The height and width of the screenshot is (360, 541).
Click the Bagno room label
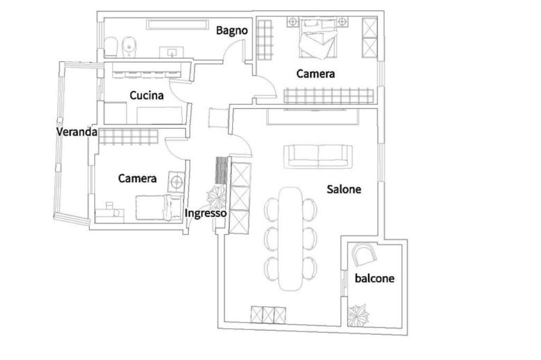pyautogui.click(x=232, y=31)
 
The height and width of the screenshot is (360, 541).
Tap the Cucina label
pyautogui.click(x=147, y=95)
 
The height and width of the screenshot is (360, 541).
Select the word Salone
pyautogui.click(x=344, y=189)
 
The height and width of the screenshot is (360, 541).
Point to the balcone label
pyautogui.click(x=375, y=278)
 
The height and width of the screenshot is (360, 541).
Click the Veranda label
pyautogui.click(x=77, y=132)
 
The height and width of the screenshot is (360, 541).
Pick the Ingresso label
pyautogui.click(x=206, y=213)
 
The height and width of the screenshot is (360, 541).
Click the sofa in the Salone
pyautogui.click(x=318, y=157)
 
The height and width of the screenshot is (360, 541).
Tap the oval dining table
pyautogui.click(x=291, y=239)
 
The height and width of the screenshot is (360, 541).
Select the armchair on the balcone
pyautogui.click(x=363, y=254)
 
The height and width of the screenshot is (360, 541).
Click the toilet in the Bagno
pyautogui.click(x=111, y=48)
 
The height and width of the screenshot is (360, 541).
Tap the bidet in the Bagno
pyautogui.click(x=129, y=47)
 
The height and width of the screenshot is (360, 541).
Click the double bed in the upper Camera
pyautogui.click(x=318, y=39)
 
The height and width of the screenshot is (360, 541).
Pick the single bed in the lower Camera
pyautogui.click(x=159, y=207)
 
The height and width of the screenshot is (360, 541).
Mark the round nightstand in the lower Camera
pyautogui.click(x=176, y=182)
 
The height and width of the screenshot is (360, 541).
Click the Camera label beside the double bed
pyautogui.click(x=315, y=74)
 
